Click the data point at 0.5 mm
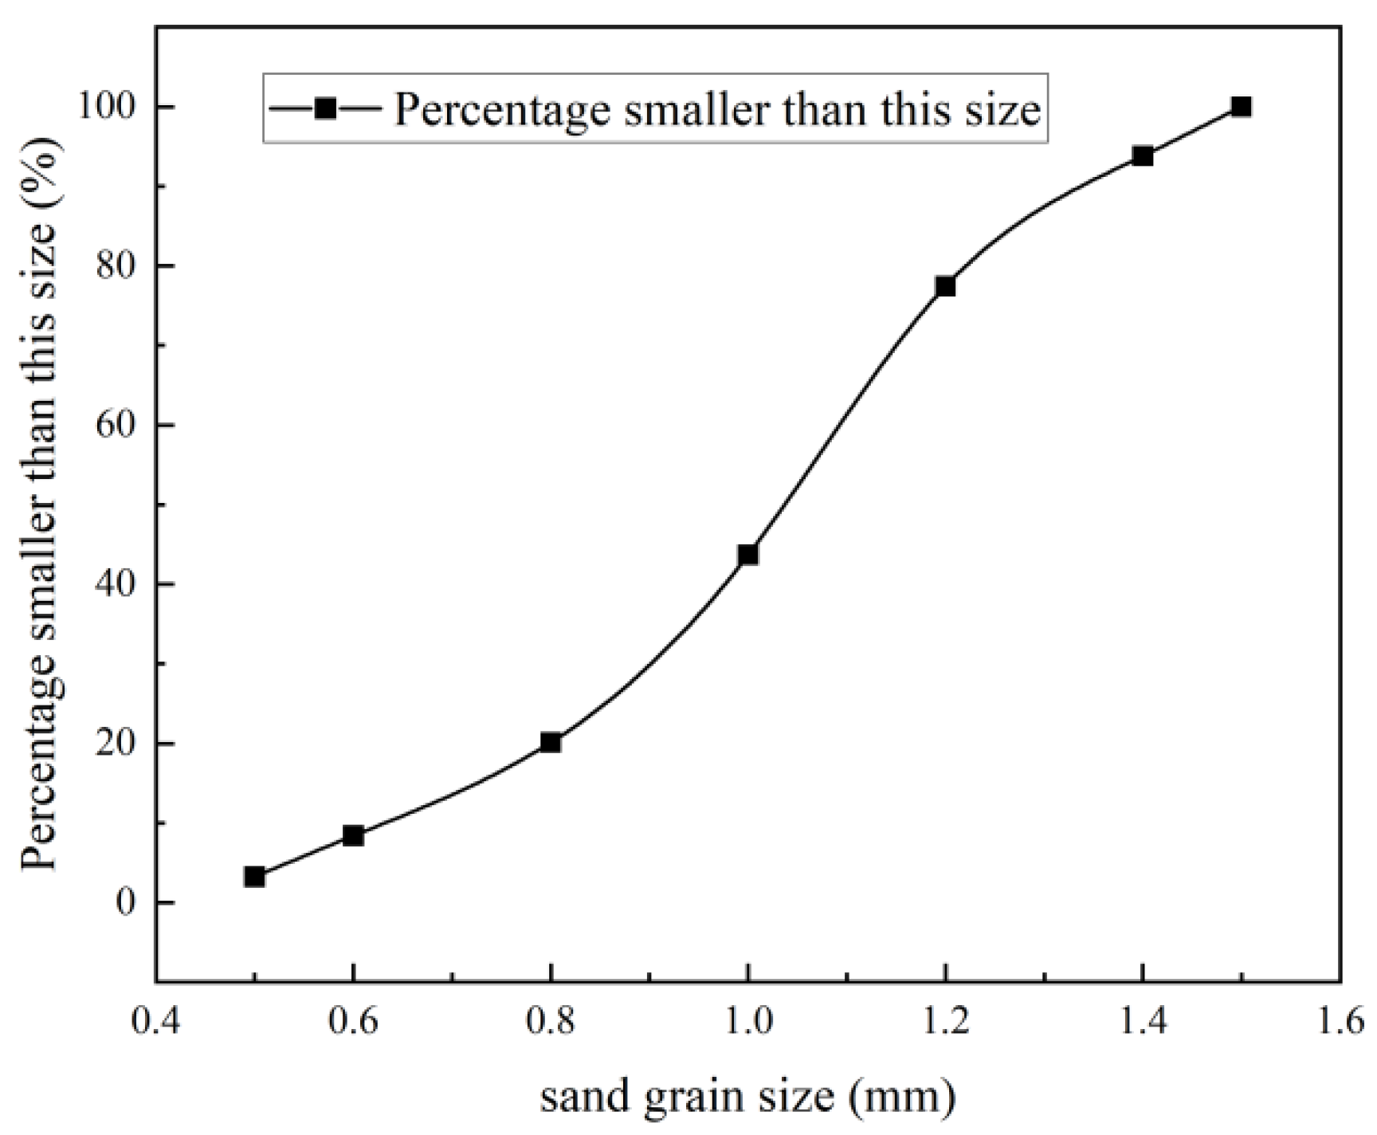[254, 877]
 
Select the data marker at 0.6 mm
[353, 835]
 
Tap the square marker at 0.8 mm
[551, 742]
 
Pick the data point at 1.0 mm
[747, 555]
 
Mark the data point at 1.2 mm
[945, 286]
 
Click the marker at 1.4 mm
[1143, 156]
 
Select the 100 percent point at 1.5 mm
[1241, 107]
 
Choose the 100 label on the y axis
[107, 107]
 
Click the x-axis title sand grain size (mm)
[747, 1097]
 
